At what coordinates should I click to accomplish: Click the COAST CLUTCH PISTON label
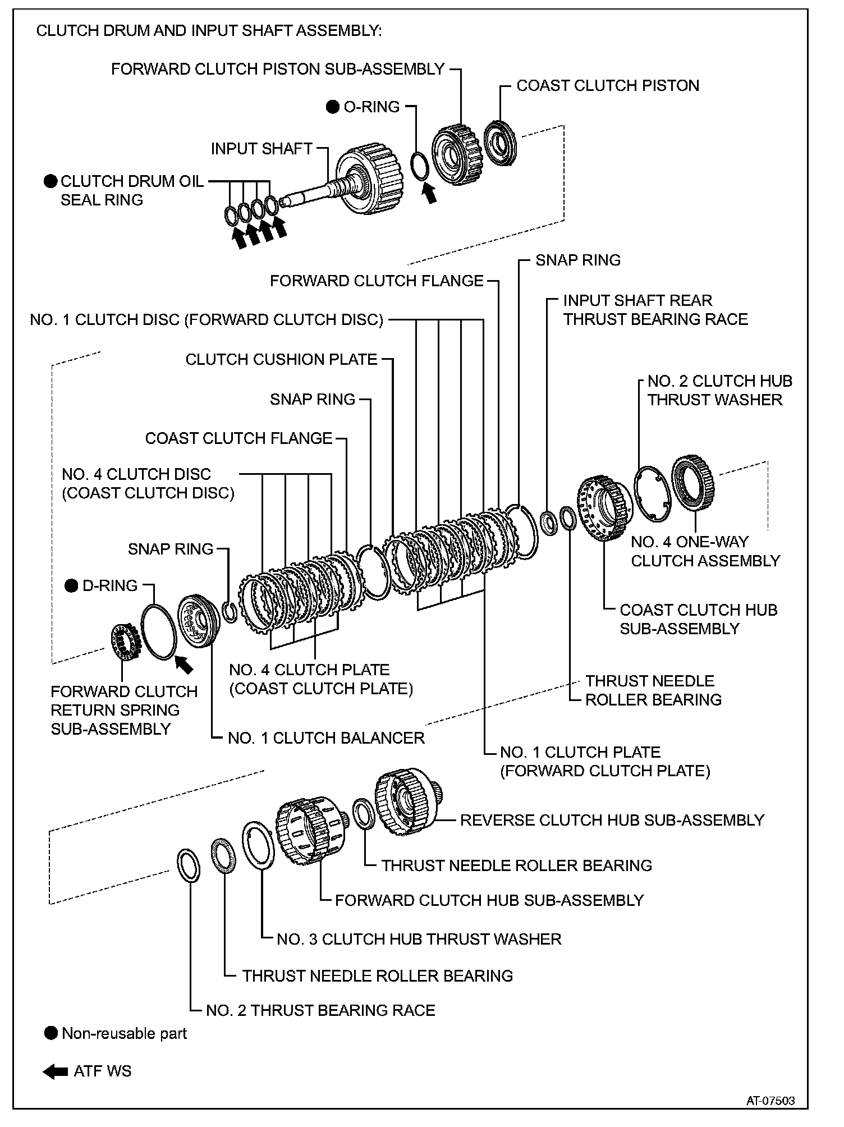[608, 85]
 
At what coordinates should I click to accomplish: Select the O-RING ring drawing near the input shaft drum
[420, 167]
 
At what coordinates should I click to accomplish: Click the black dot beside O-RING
[333, 107]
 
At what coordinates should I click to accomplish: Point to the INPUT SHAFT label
[262, 149]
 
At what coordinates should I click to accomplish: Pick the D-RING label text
[110, 585]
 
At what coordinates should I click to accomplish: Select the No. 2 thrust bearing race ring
[187, 865]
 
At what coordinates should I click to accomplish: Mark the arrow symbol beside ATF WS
[56, 1071]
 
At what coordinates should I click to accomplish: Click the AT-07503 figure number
[770, 1101]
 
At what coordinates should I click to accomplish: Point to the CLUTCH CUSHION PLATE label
[281, 359]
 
